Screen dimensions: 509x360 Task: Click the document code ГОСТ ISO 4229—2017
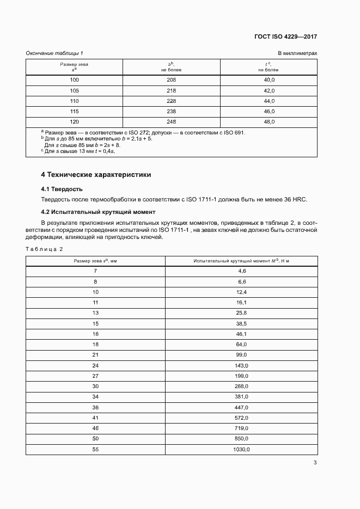[x=285, y=37]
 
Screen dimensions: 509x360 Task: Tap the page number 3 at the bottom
[x=315, y=463]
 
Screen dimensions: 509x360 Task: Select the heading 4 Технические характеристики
[x=96, y=175]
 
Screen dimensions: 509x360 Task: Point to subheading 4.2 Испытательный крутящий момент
[x=98, y=212]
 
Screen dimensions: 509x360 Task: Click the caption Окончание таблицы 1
[x=54, y=53]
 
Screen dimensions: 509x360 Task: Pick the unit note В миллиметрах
[x=297, y=53]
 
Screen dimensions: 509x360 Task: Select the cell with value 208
[x=171, y=79]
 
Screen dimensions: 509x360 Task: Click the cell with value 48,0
[x=269, y=122]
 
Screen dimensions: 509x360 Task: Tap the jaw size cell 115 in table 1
[x=75, y=111]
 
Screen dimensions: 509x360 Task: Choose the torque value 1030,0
[x=242, y=450]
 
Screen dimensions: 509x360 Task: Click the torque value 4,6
[x=242, y=271]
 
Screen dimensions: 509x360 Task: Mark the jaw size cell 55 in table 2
[x=95, y=450]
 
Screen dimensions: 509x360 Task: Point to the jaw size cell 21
[x=95, y=355]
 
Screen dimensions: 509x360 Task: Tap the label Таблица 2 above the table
[x=45, y=249]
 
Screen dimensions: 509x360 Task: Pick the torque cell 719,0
[x=242, y=428]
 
